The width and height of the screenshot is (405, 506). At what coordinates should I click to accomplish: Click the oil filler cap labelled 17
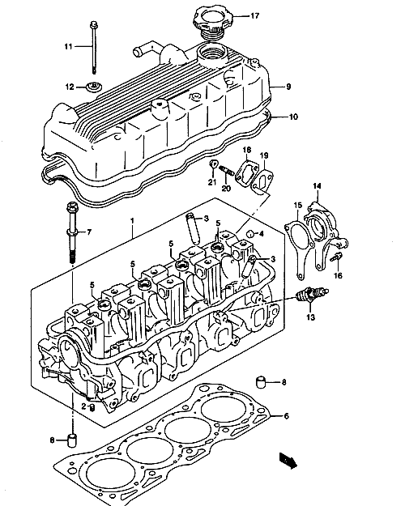pos(211,21)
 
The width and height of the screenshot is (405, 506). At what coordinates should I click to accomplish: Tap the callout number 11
pos(68,46)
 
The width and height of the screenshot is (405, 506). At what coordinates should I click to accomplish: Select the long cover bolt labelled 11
pos(93,48)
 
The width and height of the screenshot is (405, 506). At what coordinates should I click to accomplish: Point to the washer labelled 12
pos(94,87)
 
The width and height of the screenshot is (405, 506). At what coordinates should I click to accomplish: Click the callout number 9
pos(288,87)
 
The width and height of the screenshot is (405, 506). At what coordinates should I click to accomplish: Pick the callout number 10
pos(293,117)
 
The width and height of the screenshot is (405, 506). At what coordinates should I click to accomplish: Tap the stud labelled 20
pos(227,171)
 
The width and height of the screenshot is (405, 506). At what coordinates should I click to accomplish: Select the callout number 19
pos(264,155)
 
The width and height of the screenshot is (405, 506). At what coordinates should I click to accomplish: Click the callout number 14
pos(317,186)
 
